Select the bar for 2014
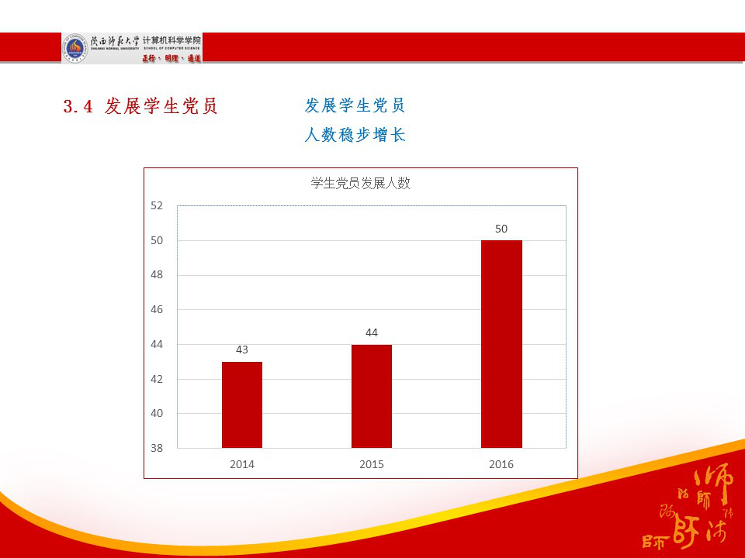[242, 405]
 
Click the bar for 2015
[372, 396]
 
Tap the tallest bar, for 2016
[501, 344]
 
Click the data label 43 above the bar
[242, 350]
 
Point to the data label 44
[372, 332]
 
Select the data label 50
[501, 229]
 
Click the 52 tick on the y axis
[157, 205]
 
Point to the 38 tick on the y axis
[157, 448]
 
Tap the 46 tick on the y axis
[157, 309]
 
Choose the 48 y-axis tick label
[157, 275]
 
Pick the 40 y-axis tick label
[157, 413]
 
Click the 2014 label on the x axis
[242, 464]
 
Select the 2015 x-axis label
[372, 464]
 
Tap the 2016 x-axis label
[501, 464]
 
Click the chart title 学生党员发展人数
[360, 183]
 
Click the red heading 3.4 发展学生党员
[140, 106]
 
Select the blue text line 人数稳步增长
[355, 135]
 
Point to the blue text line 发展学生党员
[355, 105]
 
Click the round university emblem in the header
[75, 48]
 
